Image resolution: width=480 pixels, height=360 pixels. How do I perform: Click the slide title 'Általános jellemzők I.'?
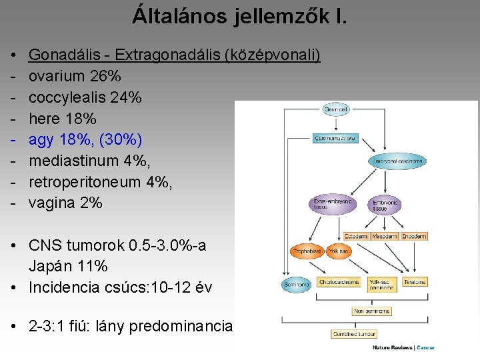[239, 15]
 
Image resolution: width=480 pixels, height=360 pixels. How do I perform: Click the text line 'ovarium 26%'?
[75, 76]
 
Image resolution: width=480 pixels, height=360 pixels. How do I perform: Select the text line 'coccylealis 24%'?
[85, 97]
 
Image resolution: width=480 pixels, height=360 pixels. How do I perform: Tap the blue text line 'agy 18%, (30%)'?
[85, 140]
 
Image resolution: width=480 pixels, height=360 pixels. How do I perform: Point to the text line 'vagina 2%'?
[65, 203]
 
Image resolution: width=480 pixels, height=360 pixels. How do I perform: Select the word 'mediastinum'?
[71, 161]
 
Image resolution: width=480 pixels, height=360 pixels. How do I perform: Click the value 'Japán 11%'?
[68, 267]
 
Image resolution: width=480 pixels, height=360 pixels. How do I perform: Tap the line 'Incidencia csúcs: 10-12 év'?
[120, 288]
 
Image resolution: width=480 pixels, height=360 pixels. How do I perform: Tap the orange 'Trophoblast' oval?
[307, 252]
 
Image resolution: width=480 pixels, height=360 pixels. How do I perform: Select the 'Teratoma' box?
[414, 282]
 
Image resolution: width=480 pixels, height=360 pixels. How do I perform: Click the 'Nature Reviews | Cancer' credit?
[403, 348]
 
